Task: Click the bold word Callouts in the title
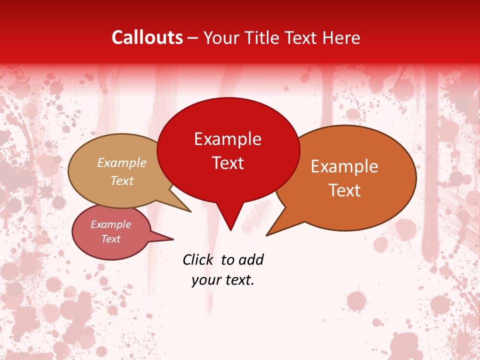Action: [147, 37]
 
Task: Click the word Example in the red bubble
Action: [227, 139]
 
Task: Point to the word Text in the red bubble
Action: [227, 163]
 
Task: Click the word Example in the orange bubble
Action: [344, 166]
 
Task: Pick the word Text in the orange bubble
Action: [344, 190]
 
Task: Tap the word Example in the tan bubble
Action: [122, 162]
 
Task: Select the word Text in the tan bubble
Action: [122, 180]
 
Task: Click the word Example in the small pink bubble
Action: [110, 224]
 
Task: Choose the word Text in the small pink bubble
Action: [110, 239]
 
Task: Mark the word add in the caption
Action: [251, 259]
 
